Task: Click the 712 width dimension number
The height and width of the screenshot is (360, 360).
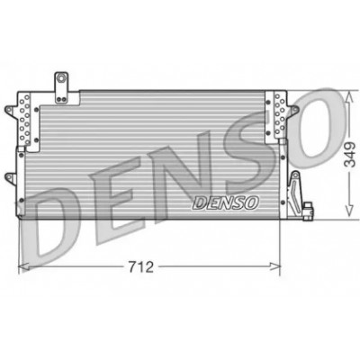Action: coord(140,266)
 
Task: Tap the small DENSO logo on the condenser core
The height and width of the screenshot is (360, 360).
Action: coord(225,203)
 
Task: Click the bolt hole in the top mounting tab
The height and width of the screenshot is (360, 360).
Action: coord(61,79)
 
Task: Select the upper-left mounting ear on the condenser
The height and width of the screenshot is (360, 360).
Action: coord(10,110)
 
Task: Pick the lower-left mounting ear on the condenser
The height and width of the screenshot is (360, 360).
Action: coord(11,178)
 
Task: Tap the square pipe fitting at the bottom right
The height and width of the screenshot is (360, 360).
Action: coord(308,211)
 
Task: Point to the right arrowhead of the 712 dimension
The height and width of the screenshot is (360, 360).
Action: coord(275,266)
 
